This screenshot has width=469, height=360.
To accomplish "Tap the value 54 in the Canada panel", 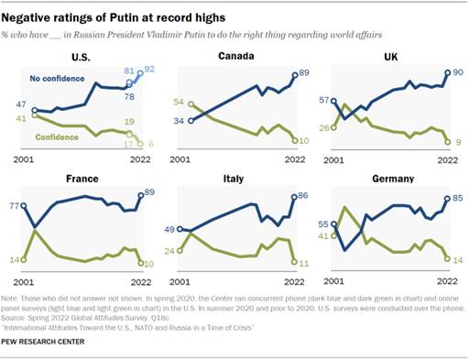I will point(180,102).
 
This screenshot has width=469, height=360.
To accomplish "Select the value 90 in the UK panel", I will point(457,71).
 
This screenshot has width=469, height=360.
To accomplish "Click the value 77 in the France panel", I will point(13,208).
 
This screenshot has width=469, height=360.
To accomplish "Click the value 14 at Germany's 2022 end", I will point(457,259).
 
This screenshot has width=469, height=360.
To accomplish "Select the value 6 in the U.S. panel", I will point(151,145).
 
